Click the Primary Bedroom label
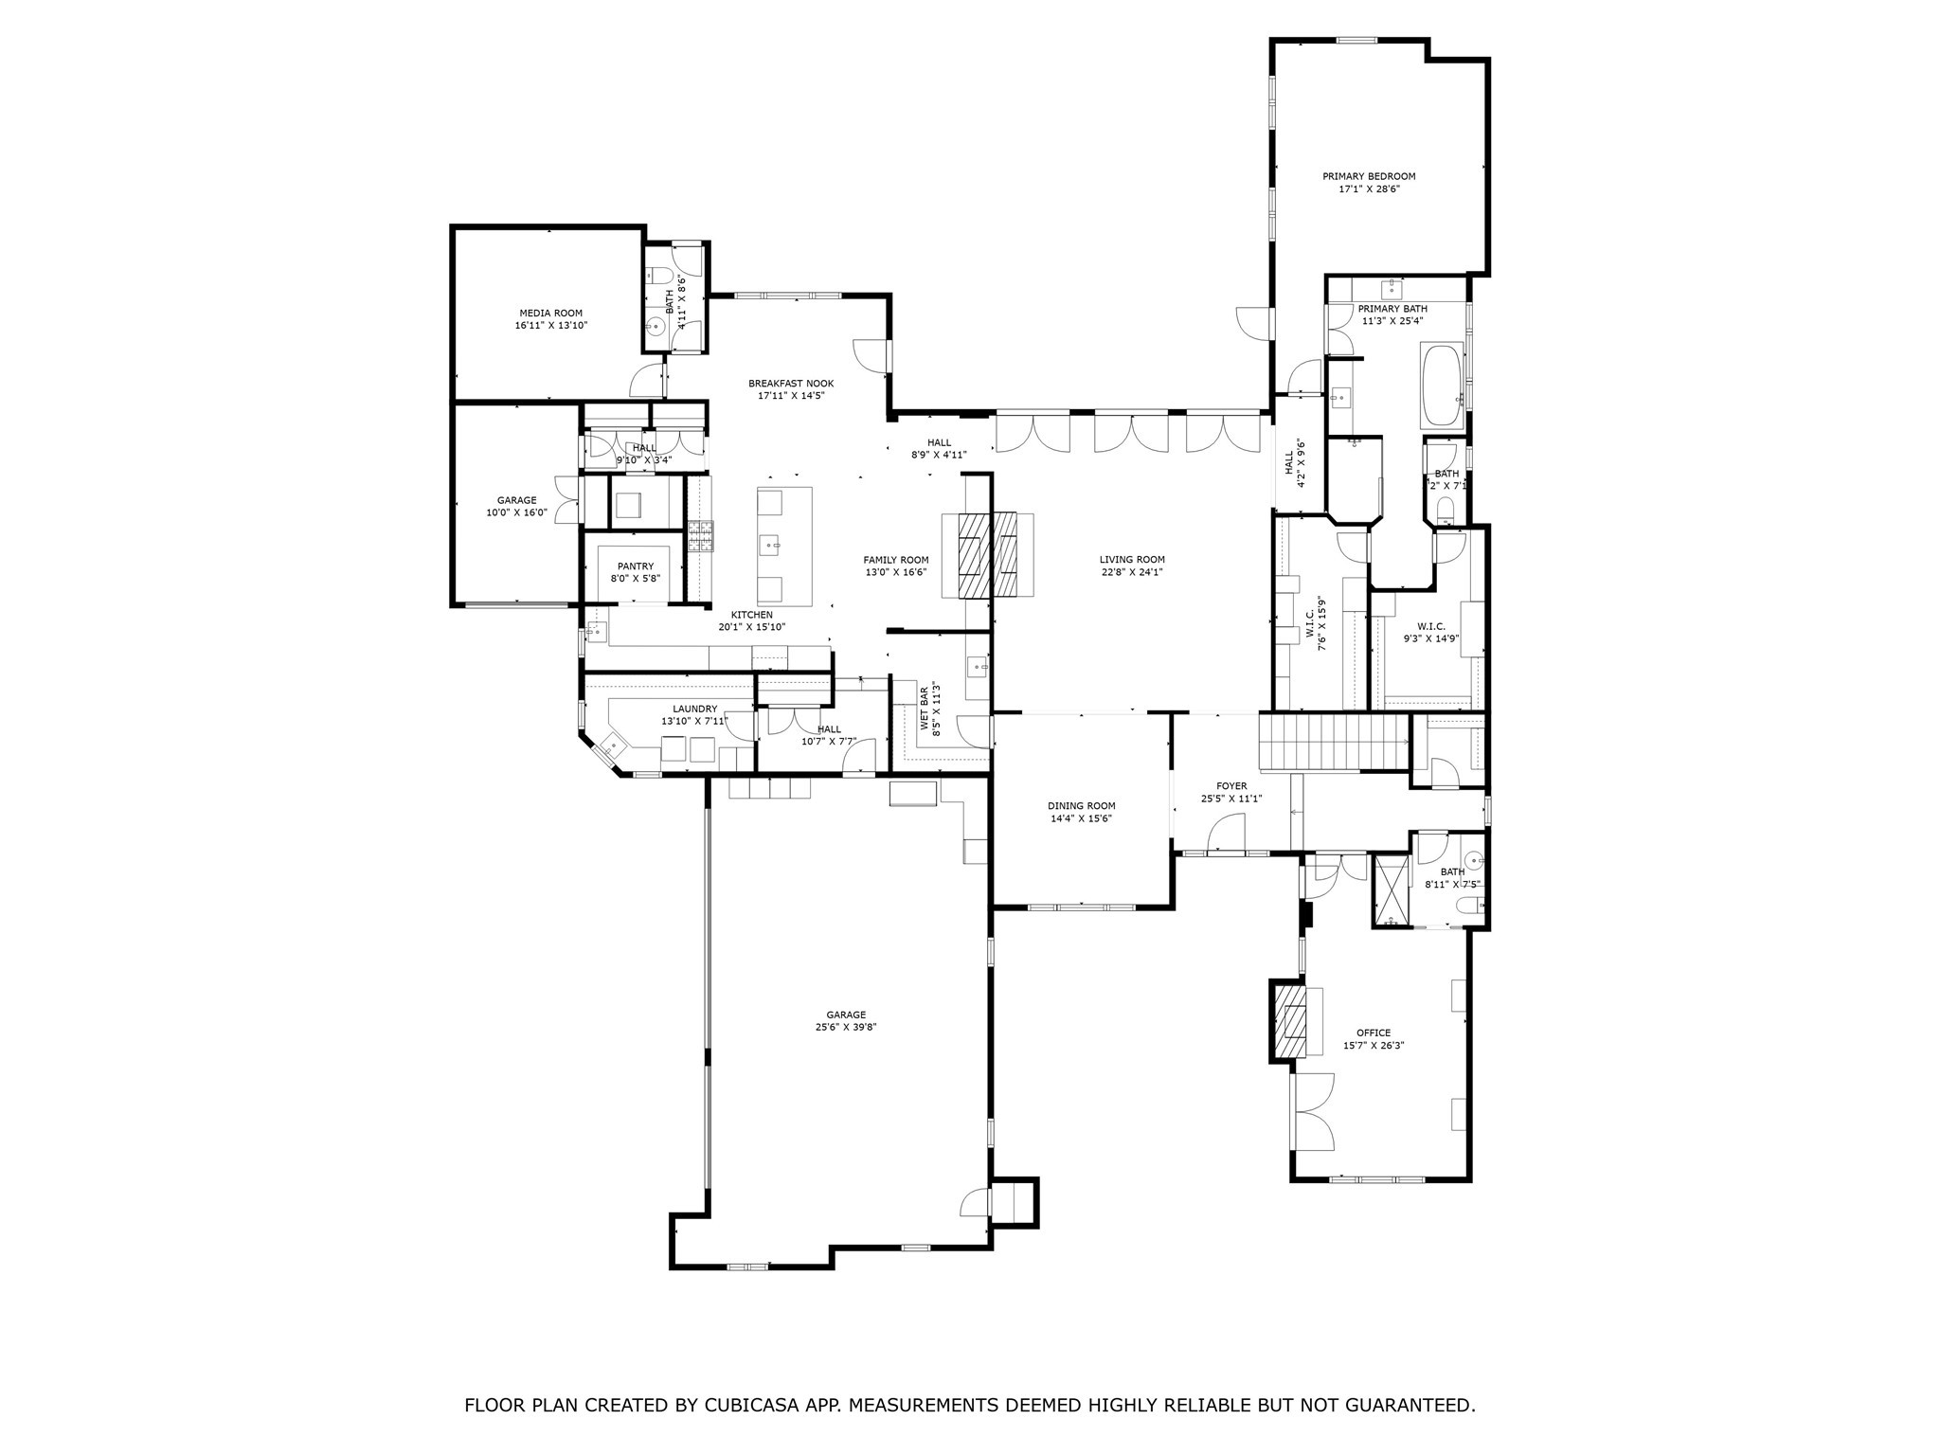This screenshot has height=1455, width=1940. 1369,176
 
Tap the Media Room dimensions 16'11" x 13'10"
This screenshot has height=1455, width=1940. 550,326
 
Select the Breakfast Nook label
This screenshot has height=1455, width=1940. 791,384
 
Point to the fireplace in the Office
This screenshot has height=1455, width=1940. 1289,1022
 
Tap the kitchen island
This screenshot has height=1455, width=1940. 784,546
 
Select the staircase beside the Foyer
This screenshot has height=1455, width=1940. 1333,743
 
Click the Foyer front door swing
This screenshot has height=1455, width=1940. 1227,834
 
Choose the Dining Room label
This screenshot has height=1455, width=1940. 1081,806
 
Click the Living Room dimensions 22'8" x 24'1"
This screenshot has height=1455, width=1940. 1132,572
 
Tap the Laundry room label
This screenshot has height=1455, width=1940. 695,709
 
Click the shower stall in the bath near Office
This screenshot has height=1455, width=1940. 1392,889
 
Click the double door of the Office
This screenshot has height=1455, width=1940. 1313,1112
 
